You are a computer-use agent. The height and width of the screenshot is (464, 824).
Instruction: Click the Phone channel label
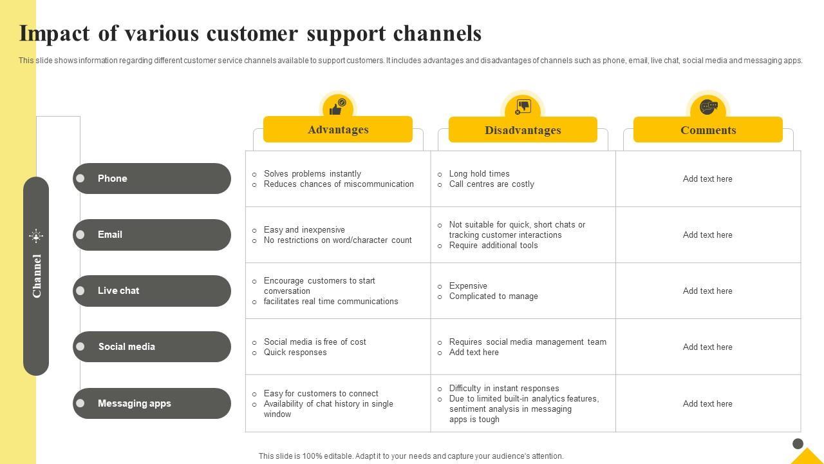(x=113, y=179)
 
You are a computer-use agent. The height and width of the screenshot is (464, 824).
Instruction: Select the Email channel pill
(x=152, y=235)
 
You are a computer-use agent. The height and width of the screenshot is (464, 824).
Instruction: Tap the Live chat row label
(x=118, y=291)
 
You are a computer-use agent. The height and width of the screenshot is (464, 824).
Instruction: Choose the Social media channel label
(x=127, y=347)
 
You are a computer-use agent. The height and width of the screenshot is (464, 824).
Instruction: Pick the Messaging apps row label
(x=135, y=403)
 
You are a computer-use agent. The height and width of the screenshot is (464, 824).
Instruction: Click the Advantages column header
(x=338, y=130)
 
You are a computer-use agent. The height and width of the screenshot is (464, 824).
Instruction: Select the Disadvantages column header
(x=523, y=130)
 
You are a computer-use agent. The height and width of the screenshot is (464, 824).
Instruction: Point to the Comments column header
(x=708, y=130)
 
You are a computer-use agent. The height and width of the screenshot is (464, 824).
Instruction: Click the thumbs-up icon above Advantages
(x=337, y=106)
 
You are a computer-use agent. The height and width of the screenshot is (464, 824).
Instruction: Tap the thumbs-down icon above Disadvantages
(x=523, y=106)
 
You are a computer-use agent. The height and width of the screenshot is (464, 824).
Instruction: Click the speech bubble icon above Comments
(x=708, y=106)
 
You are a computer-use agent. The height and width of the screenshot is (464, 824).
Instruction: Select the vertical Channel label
(x=37, y=276)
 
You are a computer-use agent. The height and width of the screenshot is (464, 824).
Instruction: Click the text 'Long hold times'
(x=479, y=174)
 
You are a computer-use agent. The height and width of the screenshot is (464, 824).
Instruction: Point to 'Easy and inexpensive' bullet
(x=304, y=230)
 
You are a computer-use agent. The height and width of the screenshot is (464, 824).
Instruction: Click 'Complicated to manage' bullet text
(x=493, y=296)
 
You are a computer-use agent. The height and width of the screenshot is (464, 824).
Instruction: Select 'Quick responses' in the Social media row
(x=295, y=353)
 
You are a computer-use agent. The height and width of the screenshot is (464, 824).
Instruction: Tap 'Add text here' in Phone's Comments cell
(x=707, y=179)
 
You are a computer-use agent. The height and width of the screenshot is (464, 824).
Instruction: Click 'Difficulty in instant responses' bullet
(x=504, y=389)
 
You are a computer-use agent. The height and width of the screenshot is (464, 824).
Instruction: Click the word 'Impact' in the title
(x=55, y=34)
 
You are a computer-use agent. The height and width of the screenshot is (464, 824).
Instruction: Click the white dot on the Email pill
(x=80, y=235)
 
